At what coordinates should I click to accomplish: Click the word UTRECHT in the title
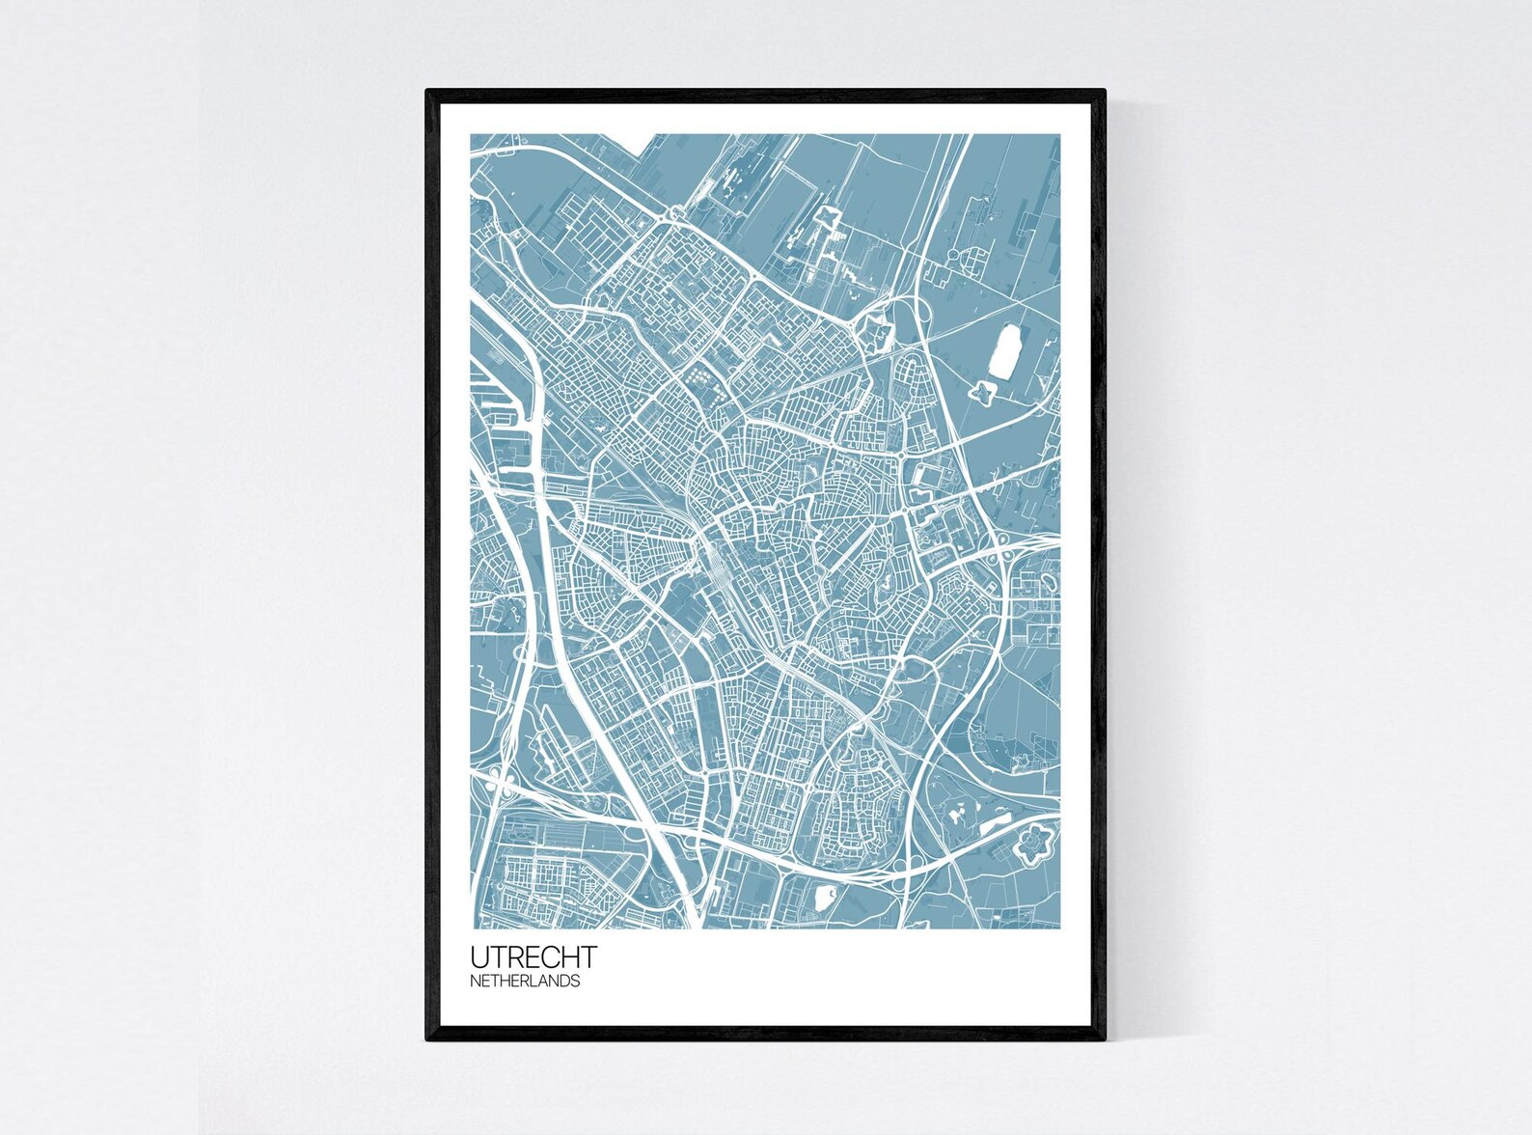[533, 957]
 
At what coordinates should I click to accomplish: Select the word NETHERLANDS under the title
[526, 982]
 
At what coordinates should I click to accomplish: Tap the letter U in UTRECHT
[479, 957]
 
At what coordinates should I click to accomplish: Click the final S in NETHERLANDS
[576, 982]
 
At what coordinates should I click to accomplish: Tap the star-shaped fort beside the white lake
[983, 391]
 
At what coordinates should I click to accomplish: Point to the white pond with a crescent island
[825, 898]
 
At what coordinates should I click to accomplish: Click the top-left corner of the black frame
[427, 91]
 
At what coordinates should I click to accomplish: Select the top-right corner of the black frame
[1104, 91]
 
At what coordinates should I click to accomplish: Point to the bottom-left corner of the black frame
[427, 1039]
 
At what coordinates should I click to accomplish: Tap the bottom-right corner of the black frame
[1104, 1039]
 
